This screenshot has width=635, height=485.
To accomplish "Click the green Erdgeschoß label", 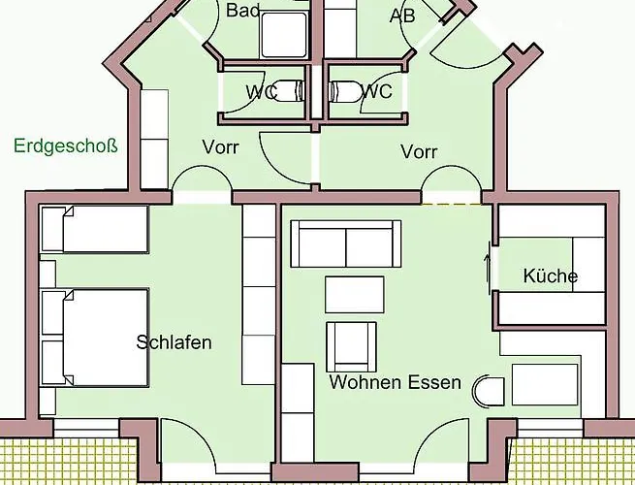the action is point(66,145).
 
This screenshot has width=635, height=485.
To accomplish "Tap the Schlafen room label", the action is point(174,342).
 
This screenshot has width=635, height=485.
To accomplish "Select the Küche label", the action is point(551,275).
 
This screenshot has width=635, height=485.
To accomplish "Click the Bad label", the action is point(242,10).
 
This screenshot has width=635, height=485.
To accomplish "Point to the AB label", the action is point(402,16).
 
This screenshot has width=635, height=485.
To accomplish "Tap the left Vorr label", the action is point(221,147).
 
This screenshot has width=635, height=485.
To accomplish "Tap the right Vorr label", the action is point(419,152).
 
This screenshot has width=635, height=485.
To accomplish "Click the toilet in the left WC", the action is point(288,90).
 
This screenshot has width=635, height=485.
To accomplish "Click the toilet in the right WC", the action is point(345,91).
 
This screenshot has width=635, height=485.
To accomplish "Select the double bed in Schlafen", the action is point(95,338).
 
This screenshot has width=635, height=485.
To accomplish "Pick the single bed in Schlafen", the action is point(95,229).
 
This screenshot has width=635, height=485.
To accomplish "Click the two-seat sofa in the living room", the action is point(346,243).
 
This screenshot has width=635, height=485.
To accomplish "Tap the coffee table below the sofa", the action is point(355,295).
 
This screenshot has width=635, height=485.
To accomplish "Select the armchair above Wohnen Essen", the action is point(352,347).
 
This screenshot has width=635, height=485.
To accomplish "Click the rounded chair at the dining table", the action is point(489,392).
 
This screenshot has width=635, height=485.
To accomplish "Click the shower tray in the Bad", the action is point(284,35).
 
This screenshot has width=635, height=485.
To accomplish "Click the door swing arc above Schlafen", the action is point(202,167).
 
